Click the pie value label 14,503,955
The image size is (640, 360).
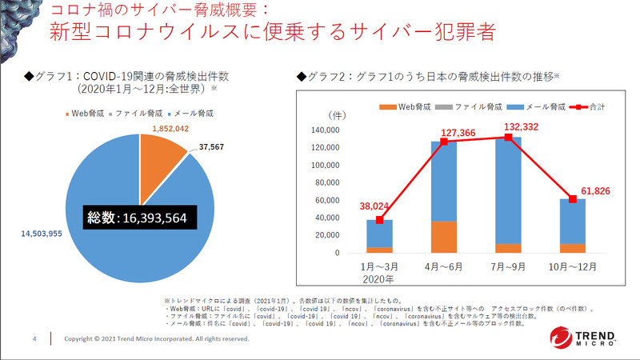39,234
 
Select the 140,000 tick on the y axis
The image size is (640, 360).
329,131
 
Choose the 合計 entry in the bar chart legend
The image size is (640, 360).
590,106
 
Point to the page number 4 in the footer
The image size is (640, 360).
34,338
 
